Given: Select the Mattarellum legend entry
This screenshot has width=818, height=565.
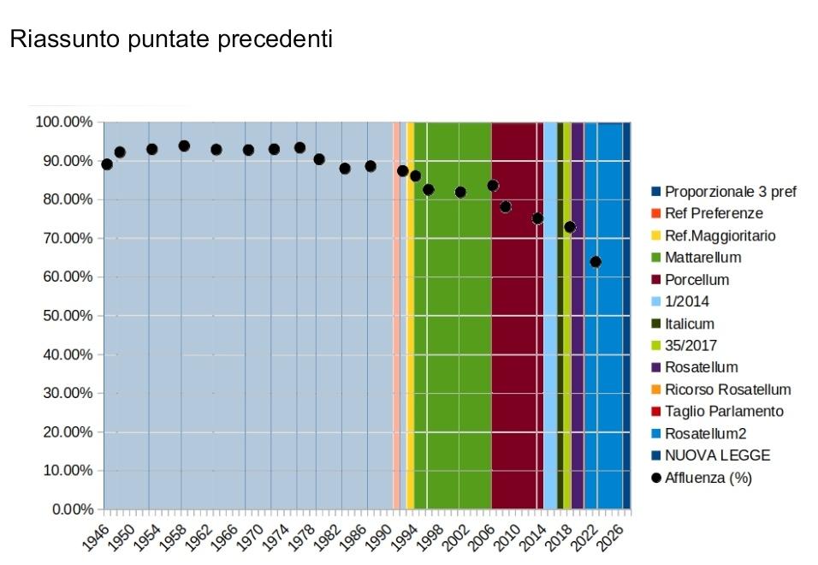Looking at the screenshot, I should point(702,258).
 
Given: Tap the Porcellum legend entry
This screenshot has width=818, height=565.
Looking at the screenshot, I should point(696,280).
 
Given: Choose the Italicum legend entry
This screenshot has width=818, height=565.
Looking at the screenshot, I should point(689,324).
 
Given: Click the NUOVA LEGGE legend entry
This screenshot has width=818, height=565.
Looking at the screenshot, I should point(717,456).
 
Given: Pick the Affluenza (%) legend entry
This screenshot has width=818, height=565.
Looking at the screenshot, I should point(708,479).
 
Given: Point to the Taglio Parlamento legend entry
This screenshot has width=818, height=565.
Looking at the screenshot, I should point(723,412).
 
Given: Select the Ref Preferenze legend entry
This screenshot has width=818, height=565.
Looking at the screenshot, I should point(713,213).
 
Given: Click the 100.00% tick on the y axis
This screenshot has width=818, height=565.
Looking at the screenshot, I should point(64,122).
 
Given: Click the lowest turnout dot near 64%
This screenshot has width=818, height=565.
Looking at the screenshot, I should point(596,262).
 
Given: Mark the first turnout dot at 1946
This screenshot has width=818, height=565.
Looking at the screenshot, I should point(107,164).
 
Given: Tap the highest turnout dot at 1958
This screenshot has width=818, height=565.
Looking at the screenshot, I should point(184,146).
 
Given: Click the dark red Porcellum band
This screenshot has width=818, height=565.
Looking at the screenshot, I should point(516,342).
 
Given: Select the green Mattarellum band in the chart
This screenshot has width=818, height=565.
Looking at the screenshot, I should point(458,342).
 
